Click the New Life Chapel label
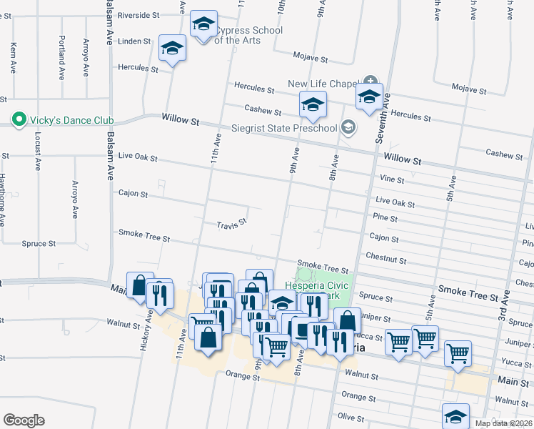pyautogui.click(x=322, y=84)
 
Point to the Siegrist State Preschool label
pyautogui.click(x=283, y=128)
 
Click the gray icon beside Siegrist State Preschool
pyautogui.click(x=348, y=128)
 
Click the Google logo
pyautogui.click(x=24, y=420)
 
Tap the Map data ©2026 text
pyautogui.click(x=504, y=423)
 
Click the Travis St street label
pyautogui.click(x=231, y=224)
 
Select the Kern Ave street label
pyautogui.click(x=14, y=57)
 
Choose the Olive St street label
pyautogui.click(x=351, y=416)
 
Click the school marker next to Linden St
pyautogui.click(x=172, y=49)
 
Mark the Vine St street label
pyautogui.click(x=392, y=180)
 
